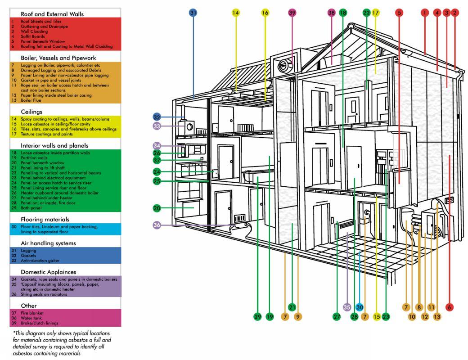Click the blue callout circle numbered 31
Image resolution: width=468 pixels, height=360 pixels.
coord(193,13)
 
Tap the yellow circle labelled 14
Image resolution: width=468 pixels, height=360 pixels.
coord(236,13)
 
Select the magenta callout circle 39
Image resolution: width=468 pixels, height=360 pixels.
coord(292,13)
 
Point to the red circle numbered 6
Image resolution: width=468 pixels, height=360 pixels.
coord(449,307)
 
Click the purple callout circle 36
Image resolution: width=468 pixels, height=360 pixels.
coord(157,225)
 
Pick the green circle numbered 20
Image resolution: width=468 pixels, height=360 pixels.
coord(157,208)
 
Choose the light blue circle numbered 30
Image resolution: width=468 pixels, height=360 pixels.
coord(359,307)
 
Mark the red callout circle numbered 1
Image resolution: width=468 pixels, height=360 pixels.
coord(424,13)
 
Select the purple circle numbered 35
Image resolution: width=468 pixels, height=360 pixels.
coord(346,307)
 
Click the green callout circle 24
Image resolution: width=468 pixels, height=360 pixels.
coord(157,171)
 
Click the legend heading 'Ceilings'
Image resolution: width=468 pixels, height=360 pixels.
coord(31,111)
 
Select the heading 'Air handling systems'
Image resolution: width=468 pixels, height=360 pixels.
coord(48,243)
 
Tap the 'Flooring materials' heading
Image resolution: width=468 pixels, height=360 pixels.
coord(45,219)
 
